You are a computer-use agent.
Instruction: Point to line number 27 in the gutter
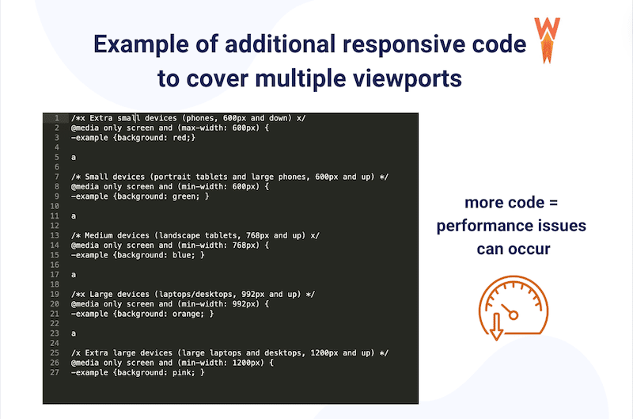55,371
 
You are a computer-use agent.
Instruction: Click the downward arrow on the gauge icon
497,327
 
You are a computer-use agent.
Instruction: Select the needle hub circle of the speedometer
513,315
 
